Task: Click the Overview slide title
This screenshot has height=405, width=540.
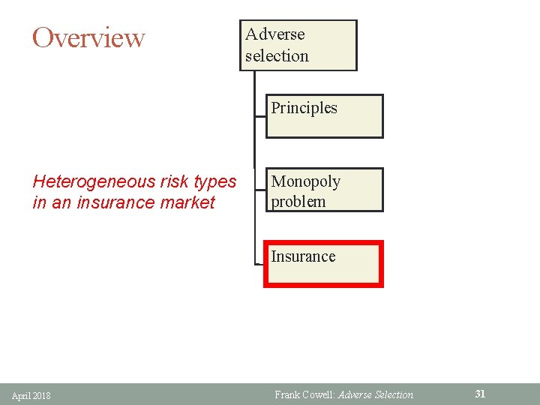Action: (88, 37)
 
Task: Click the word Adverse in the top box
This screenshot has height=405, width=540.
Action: (274, 34)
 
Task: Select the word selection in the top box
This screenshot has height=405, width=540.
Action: (277, 56)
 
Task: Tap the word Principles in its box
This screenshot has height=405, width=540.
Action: (304, 108)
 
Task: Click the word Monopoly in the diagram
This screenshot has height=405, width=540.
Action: (305, 181)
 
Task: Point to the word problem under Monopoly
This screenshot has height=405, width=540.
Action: (298, 202)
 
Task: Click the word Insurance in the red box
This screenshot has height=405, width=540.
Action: (303, 256)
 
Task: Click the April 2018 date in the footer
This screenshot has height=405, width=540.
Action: (31, 395)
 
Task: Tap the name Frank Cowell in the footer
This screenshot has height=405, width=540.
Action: (303, 394)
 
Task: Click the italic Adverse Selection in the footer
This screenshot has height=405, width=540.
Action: (376, 394)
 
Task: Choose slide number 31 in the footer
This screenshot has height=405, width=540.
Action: (481, 394)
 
